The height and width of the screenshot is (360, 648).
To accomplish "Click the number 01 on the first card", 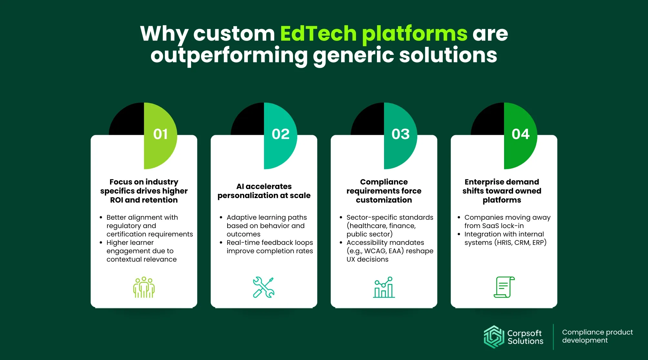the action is [160, 134].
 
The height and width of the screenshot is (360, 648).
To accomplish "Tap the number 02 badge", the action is [280, 134].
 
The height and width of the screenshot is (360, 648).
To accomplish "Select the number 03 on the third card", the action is [400, 134].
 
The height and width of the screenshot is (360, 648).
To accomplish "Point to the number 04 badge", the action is [521, 134].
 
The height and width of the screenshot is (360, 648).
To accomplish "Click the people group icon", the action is [144, 287].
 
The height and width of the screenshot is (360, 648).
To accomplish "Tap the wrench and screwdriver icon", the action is [264, 287].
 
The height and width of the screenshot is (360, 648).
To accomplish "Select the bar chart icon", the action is [384, 287].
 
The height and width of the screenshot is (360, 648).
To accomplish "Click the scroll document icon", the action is [504, 287].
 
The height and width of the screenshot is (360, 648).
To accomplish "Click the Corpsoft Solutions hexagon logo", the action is [494, 337].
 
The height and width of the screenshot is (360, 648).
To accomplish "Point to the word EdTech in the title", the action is [318, 33].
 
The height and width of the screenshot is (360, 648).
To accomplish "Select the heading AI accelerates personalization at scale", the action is [264, 191].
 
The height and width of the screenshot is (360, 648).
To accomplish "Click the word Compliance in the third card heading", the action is [384, 182].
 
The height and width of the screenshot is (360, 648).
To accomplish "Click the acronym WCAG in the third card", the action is [374, 251].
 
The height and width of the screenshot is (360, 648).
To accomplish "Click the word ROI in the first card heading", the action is [116, 200].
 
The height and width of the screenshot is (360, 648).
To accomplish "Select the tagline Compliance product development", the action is [597, 336].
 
